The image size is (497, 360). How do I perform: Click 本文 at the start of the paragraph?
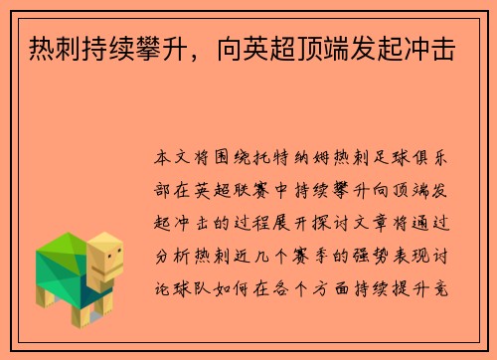click(x=169, y=157)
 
